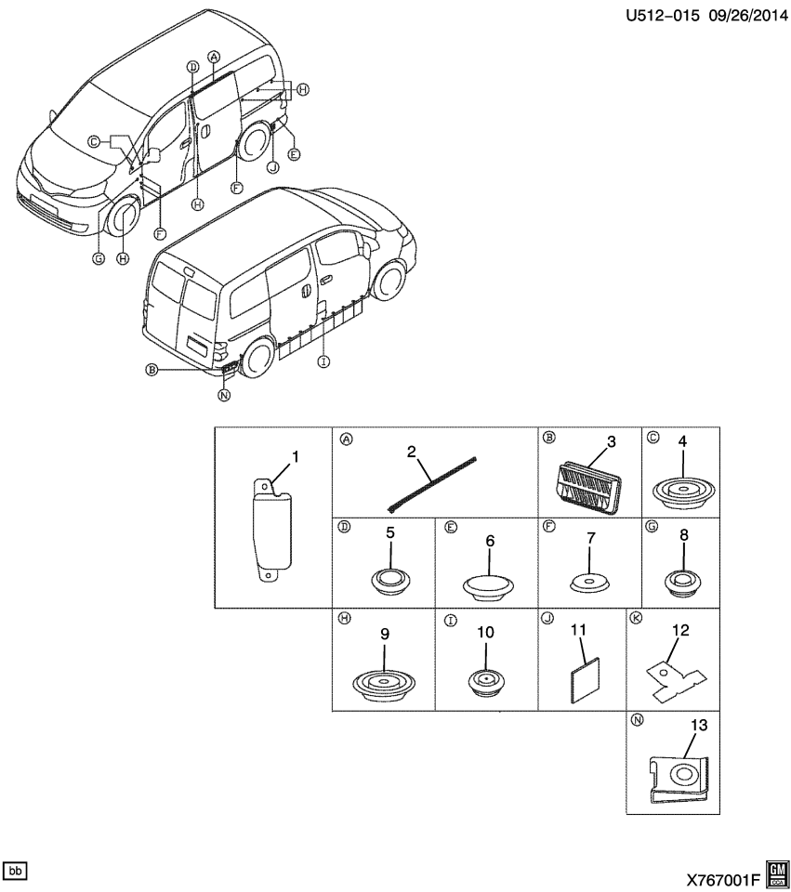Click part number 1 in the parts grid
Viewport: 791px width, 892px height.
(x=296, y=456)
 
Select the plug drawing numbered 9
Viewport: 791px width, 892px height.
(x=382, y=683)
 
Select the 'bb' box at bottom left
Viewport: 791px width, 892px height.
(x=16, y=871)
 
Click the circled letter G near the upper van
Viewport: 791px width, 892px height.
(x=99, y=259)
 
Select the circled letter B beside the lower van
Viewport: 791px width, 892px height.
(x=151, y=370)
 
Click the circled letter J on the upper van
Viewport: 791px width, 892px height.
(x=273, y=167)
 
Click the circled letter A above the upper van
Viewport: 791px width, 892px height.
(x=214, y=57)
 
